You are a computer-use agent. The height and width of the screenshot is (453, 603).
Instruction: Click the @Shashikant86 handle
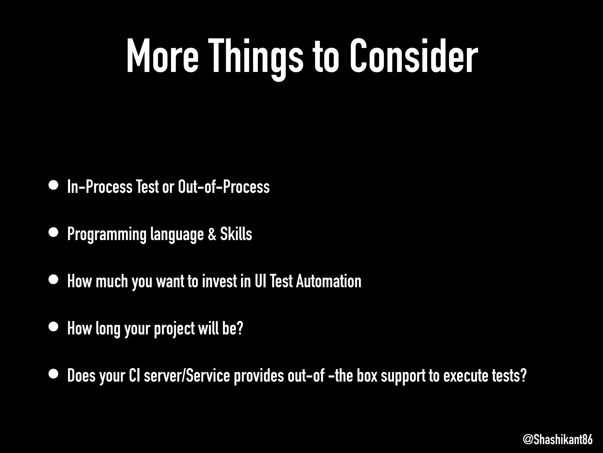click(558, 440)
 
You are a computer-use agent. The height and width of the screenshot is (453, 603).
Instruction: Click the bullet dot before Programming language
click(54, 233)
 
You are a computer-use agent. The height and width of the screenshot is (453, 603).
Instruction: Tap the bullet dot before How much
click(54, 280)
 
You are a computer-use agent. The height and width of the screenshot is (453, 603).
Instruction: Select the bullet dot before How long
click(54, 327)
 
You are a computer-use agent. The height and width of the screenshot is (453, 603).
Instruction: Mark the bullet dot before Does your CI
click(54, 374)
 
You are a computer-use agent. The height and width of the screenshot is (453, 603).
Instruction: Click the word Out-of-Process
click(224, 187)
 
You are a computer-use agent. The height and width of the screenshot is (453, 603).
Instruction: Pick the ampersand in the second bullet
click(211, 234)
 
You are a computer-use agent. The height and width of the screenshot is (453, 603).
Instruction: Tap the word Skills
click(236, 234)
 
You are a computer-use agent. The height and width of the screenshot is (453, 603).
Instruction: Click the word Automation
click(329, 281)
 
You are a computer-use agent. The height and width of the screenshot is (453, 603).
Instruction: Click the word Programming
click(107, 234)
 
